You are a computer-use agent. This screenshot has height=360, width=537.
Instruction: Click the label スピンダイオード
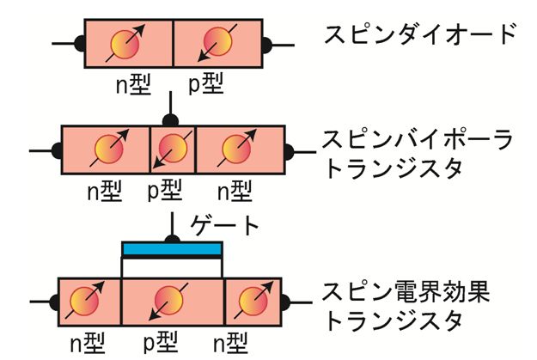(x=420, y=36)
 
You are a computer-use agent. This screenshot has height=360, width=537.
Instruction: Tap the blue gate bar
(x=172, y=249)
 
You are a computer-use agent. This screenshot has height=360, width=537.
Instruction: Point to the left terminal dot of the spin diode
(x=80, y=41)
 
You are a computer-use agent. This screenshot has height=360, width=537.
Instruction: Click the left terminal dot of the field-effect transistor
(x=53, y=302)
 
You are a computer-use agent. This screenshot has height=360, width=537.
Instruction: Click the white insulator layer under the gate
(x=172, y=268)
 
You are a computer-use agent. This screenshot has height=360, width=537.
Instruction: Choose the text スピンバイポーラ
(x=418, y=139)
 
